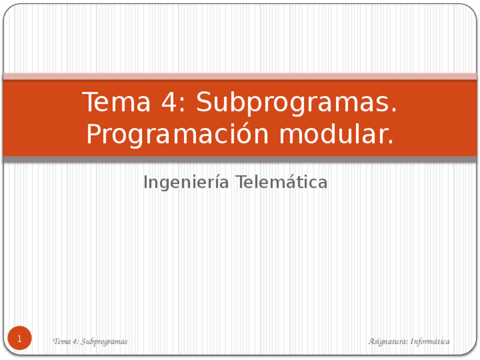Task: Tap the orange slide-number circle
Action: [x=20, y=338]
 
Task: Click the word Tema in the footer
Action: [x=61, y=341]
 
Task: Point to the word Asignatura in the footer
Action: [x=387, y=341]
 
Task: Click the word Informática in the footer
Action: [x=430, y=341]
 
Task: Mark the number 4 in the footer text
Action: [x=74, y=341]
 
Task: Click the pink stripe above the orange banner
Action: [x=240, y=76]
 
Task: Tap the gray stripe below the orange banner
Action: [x=240, y=160]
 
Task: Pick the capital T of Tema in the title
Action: [x=89, y=102]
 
